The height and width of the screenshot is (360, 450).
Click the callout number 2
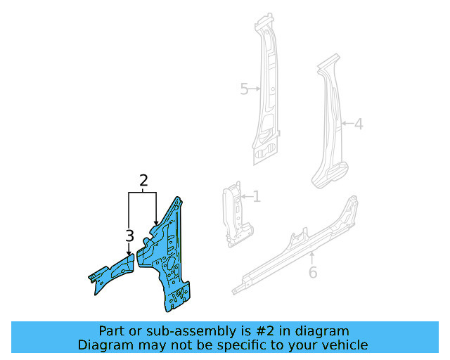coord(143,181)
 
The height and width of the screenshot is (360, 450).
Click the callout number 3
coord(129,236)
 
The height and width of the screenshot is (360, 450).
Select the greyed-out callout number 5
coord(245,89)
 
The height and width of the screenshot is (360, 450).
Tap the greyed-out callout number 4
coord(358,124)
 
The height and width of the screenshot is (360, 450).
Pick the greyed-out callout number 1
coord(257,197)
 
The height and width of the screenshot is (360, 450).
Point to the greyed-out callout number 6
coord(313,272)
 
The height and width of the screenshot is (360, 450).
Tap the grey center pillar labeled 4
coord(330,134)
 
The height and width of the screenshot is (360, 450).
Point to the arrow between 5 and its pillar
coord(256,89)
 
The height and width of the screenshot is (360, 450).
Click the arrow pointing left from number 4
coord(345,124)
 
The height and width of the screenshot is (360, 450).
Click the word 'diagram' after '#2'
coord(322,331)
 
